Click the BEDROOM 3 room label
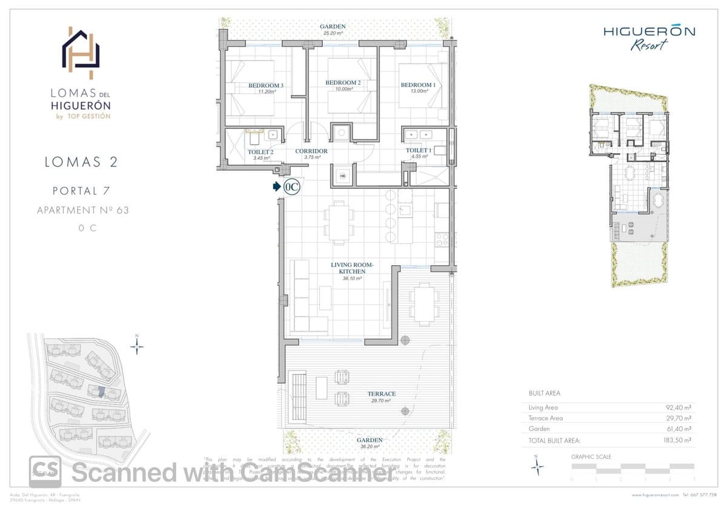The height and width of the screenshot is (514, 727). click(266, 86)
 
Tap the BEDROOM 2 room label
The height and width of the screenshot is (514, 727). click(343, 83)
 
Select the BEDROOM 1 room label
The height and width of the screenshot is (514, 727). click(417, 85)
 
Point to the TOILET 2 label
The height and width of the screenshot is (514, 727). click(261, 152)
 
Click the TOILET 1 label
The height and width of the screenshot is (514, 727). click(419, 150)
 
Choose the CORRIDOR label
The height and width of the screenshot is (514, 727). click(311, 151)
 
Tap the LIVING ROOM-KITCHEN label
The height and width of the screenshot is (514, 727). click(352, 268)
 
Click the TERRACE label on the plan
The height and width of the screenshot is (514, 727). click(381, 394)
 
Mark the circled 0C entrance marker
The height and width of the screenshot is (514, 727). click(291, 187)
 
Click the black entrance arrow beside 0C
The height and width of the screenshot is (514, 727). click(276, 187)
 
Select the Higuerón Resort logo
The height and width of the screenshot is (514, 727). click(649, 37)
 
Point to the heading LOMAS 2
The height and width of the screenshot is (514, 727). click(81, 162)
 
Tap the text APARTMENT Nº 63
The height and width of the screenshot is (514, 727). click(83, 210)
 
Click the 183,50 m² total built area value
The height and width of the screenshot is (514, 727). click(678, 440)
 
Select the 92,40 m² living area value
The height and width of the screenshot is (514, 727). click(679, 407)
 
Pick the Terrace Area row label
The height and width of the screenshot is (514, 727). click(545, 418)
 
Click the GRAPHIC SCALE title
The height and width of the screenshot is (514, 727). click(591, 456)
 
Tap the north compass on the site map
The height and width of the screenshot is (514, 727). click(138, 346)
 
